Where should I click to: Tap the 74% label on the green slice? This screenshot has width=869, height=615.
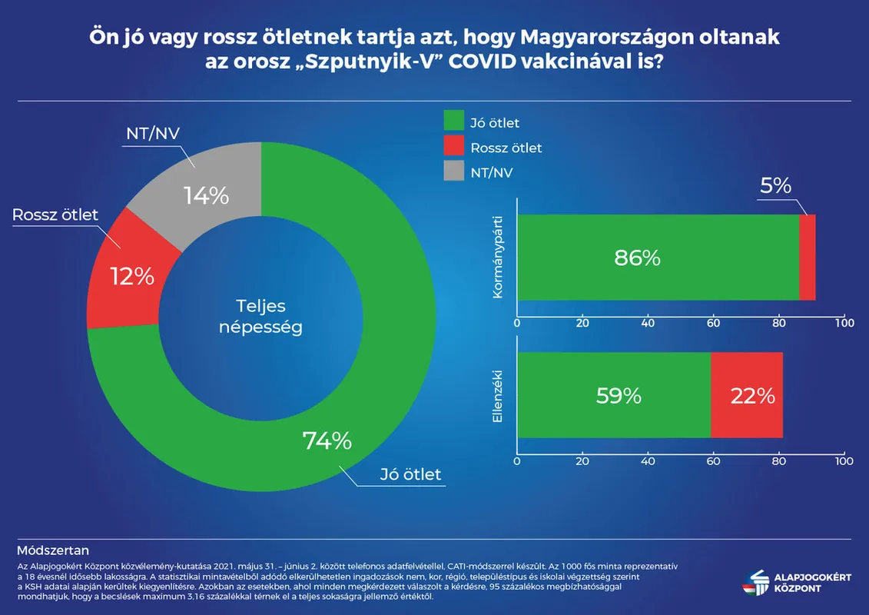tap(327, 440)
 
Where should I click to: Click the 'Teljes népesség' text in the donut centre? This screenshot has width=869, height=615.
tap(261, 315)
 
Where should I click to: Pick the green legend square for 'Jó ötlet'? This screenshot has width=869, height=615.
tap(454, 121)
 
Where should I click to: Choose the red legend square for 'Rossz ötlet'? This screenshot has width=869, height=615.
tap(454, 147)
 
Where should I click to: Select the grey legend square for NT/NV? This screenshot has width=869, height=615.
tap(454, 172)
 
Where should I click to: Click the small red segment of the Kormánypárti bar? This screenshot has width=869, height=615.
tap(807, 258)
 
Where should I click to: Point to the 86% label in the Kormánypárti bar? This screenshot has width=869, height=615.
tap(637, 258)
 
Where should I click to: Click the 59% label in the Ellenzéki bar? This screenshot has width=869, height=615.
tap(619, 396)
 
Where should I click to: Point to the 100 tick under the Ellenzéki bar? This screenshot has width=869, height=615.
tap(844, 461)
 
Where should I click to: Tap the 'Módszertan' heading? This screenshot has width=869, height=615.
tap(52, 550)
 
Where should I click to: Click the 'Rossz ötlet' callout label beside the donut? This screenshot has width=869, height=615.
tap(55, 214)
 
